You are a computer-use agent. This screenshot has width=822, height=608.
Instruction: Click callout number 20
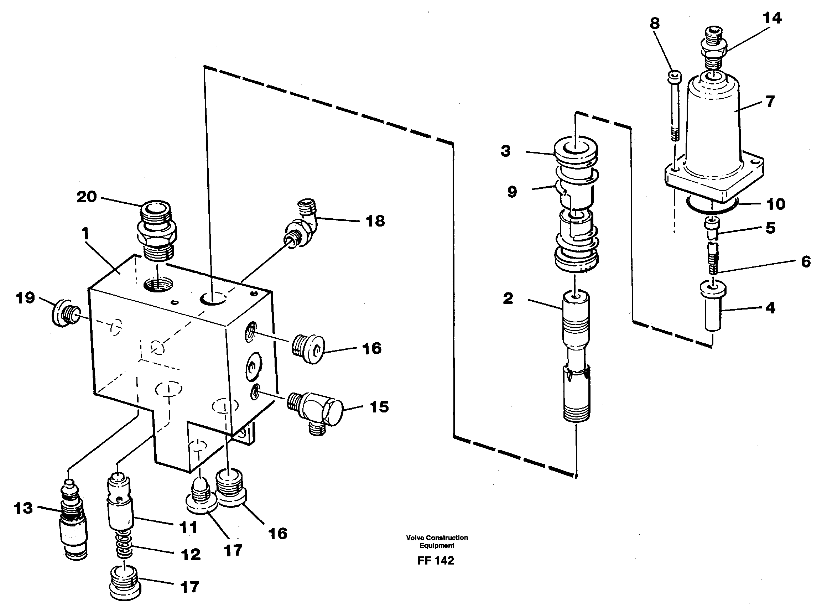click(x=87, y=197)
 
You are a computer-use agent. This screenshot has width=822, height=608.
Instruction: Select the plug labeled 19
click(x=65, y=312)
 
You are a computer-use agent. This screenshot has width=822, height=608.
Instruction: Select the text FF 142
click(x=436, y=561)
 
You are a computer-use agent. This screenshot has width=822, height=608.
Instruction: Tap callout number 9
click(x=512, y=192)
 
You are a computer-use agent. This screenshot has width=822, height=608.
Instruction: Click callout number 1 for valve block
click(x=85, y=233)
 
